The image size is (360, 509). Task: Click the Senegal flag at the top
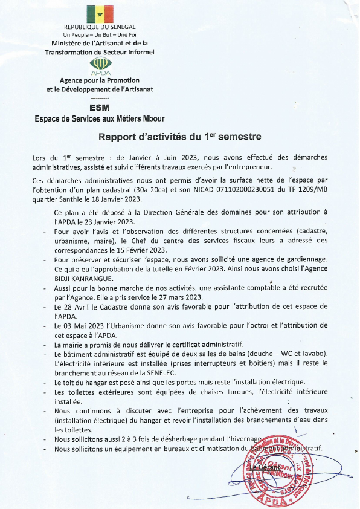(x=100, y=14)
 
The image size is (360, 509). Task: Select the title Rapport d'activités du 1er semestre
(x=179, y=137)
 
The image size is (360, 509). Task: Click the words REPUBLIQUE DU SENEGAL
(x=100, y=28)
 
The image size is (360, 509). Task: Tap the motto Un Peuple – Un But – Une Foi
(x=100, y=36)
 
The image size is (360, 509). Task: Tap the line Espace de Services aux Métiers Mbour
(x=99, y=118)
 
